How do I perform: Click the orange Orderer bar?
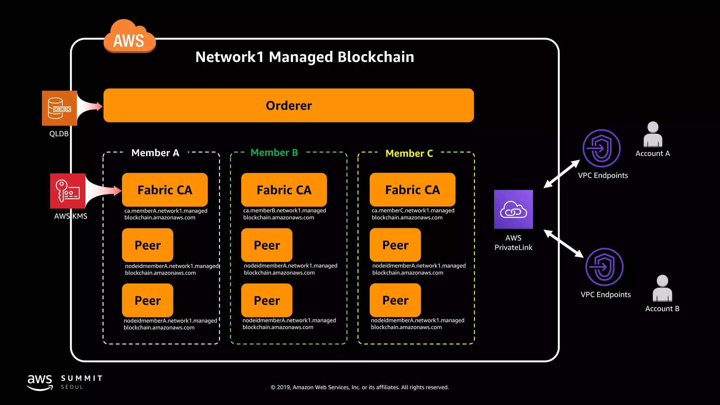pos(288,105)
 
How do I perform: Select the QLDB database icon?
pos(59,108)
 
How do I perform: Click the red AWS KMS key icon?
pos(67,191)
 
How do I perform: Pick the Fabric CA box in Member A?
pos(165,190)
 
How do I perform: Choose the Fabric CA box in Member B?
pos(284,190)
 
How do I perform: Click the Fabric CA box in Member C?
pos(412,190)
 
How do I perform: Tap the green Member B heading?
pos(274,153)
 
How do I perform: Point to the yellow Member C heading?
pos(409,153)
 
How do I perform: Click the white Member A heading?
pos(155,153)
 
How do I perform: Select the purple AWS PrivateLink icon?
pos(513,210)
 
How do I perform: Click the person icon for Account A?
pos(653,135)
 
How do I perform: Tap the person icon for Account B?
pos(662,288)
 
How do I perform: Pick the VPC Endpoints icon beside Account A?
pos(601,148)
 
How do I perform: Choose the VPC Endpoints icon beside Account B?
pos(604,267)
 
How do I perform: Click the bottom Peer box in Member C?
pos(395,300)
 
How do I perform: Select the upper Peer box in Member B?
pos(266,245)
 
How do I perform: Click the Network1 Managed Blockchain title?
pos(304,57)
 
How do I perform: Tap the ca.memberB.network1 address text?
pos(284,214)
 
